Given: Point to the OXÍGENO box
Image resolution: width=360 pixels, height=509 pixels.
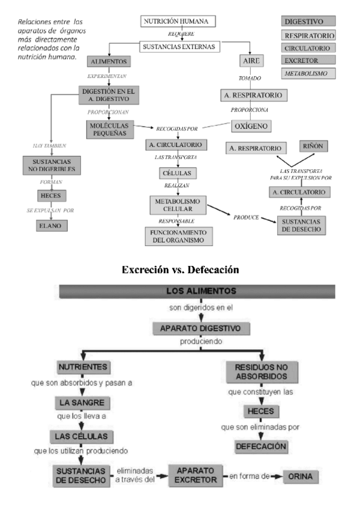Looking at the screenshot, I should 251,126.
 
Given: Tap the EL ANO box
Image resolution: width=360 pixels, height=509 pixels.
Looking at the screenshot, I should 52,226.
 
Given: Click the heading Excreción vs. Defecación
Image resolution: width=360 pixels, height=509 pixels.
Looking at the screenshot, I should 180,270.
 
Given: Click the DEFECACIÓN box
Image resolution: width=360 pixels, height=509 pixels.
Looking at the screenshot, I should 261,447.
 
